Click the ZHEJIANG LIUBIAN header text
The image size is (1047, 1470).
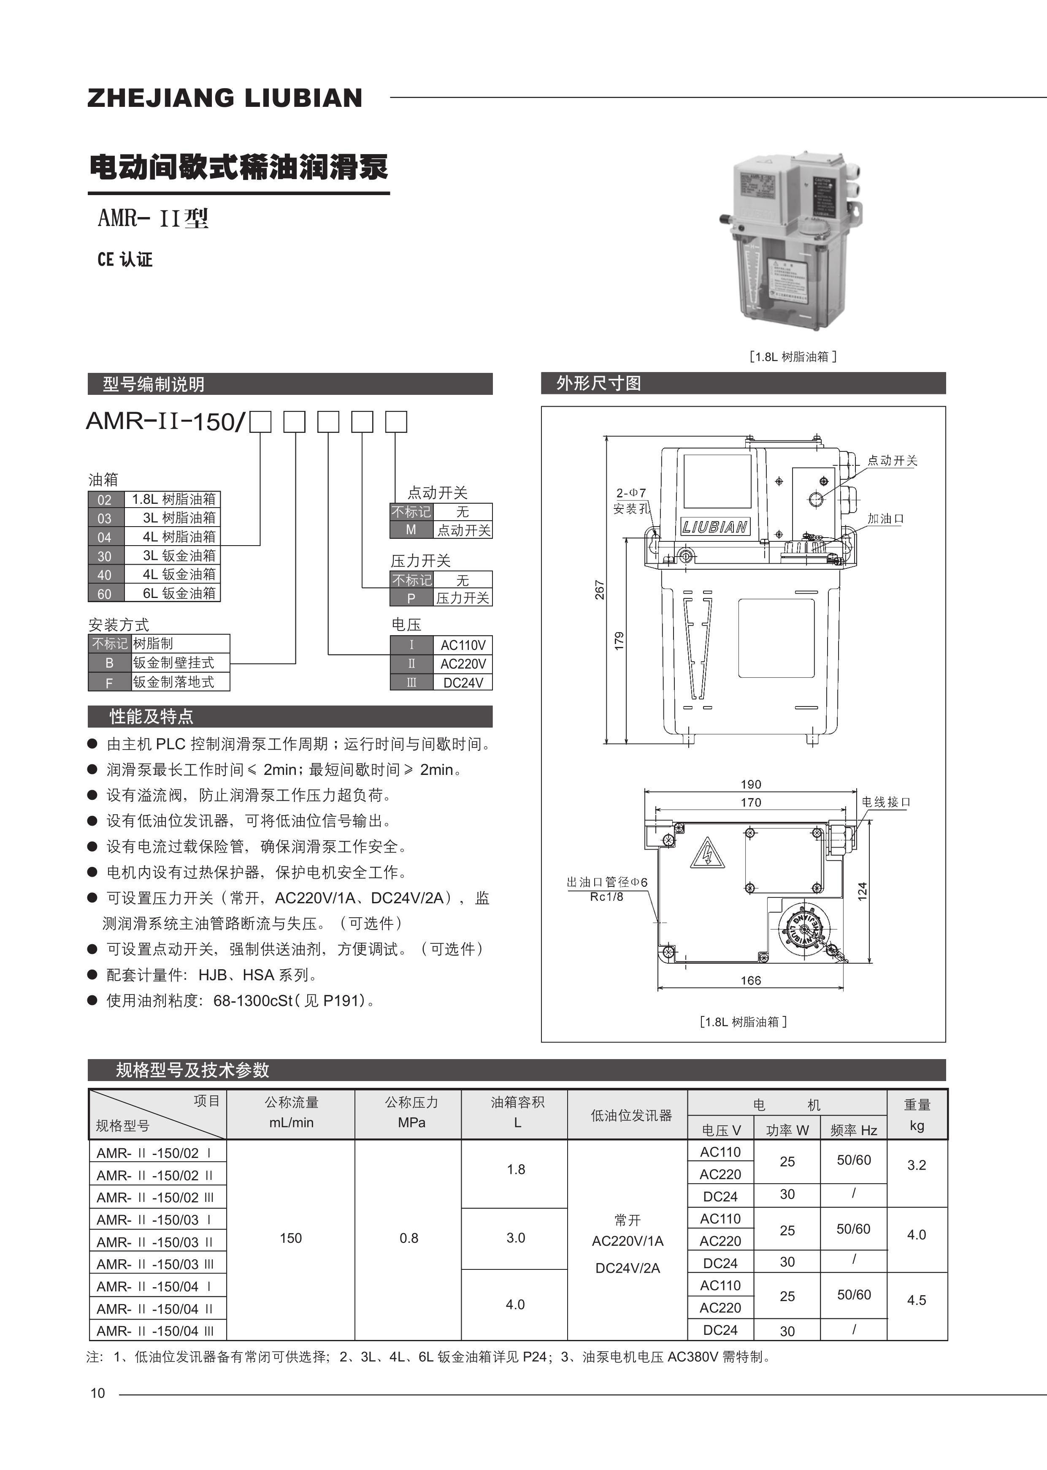225,98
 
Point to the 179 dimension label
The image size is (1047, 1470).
619,641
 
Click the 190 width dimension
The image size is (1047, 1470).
750,784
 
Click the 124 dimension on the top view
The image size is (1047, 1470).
863,891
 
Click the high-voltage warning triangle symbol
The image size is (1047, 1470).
707,855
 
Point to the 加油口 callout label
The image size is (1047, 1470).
885,519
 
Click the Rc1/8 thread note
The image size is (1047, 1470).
607,897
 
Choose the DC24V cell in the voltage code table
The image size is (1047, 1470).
463,682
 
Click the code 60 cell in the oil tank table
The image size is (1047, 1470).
104,593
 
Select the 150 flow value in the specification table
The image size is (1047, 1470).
291,1238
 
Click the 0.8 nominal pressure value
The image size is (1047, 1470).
409,1238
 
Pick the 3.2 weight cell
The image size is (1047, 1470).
916,1165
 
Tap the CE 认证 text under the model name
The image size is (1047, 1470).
125,259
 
